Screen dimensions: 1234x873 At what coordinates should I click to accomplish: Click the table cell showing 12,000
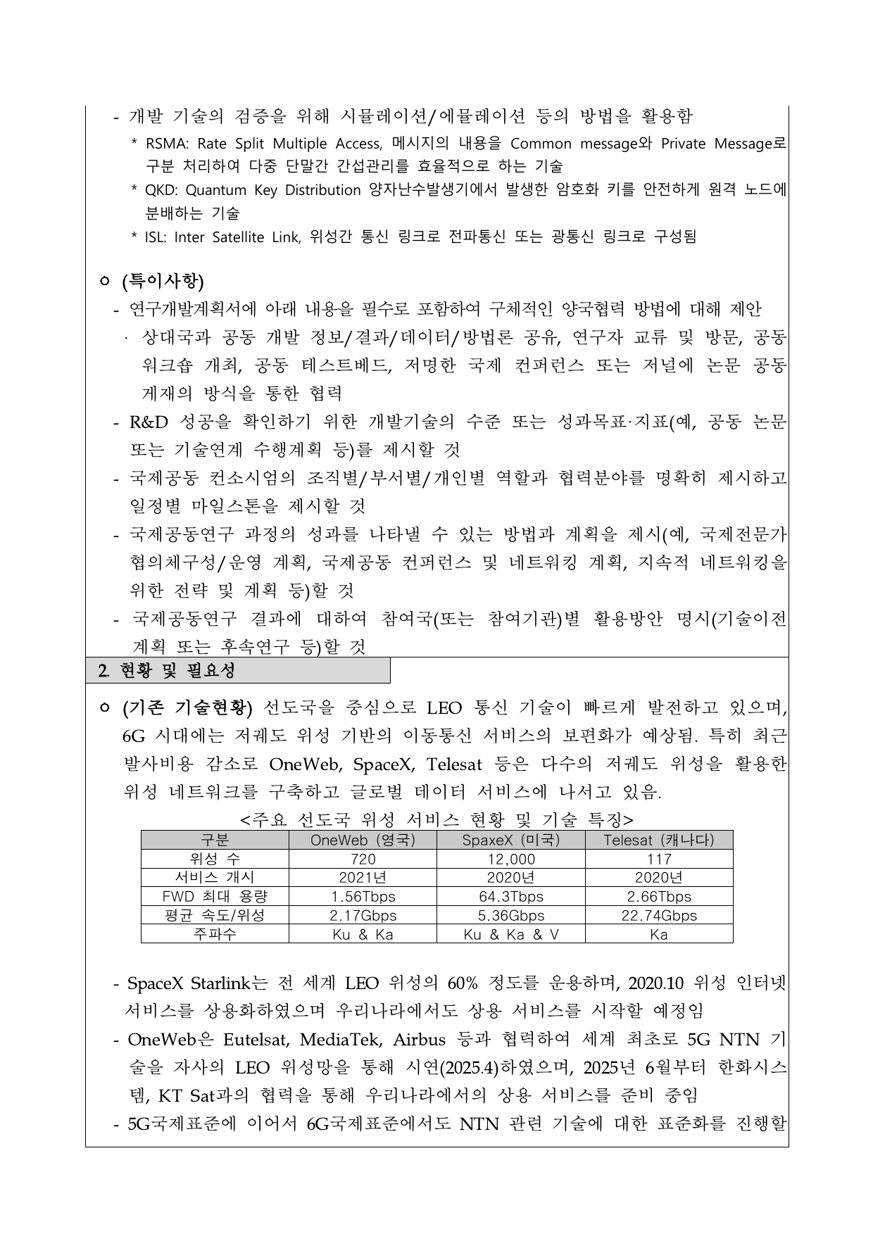(x=510, y=859)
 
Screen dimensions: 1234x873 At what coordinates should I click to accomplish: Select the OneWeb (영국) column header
(x=363, y=840)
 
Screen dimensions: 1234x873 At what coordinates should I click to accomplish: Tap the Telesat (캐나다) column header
(x=659, y=840)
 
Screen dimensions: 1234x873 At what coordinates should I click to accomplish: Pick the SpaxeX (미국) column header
(x=510, y=840)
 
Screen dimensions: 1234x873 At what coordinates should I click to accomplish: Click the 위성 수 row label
(x=215, y=859)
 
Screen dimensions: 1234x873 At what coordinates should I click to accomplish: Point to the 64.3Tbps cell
(x=510, y=897)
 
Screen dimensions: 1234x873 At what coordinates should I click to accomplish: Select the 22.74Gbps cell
(x=659, y=916)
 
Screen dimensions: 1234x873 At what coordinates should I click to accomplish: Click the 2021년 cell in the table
(x=363, y=878)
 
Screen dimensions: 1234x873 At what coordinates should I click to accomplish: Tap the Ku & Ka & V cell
(x=510, y=935)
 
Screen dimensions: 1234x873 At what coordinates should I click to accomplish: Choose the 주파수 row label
(x=215, y=935)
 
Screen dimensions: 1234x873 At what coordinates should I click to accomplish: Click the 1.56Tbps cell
(x=363, y=897)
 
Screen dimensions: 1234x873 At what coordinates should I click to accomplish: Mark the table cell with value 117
(x=659, y=859)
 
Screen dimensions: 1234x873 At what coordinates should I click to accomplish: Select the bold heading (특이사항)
(x=163, y=282)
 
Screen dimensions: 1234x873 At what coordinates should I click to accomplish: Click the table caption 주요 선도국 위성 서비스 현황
(x=436, y=819)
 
